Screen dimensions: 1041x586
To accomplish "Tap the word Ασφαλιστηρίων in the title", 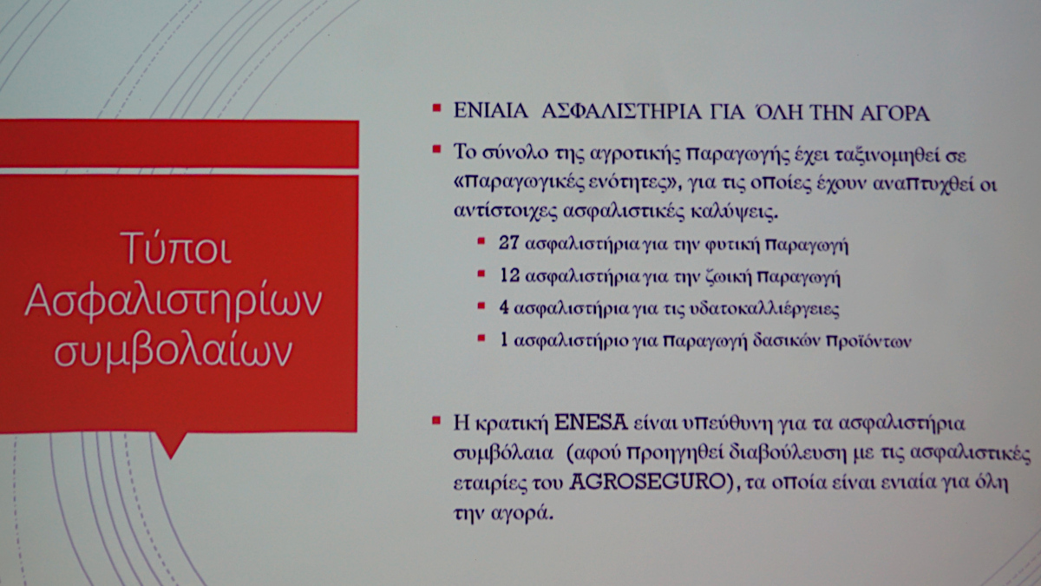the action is click(x=173, y=301).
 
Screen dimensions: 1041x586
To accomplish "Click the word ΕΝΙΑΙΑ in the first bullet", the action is click(x=491, y=112).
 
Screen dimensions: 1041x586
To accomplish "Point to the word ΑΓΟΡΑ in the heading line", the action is click(x=894, y=113).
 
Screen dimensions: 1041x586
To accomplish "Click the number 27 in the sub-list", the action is click(x=508, y=243).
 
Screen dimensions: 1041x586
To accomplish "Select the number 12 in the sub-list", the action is click(x=509, y=275).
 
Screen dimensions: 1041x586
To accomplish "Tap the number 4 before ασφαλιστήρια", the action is click(x=504, y=308).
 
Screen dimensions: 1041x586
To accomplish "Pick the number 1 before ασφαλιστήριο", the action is click(x=504, y=340).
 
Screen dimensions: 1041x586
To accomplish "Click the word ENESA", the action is click(x=592, y=424).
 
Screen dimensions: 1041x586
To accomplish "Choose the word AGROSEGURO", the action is click(x=648, y=483).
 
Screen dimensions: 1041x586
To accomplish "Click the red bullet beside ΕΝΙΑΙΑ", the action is click(x=436, y=109).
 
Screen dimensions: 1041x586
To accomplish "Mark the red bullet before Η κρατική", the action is click(x=436, y=420).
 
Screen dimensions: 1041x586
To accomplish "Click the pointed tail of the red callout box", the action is click(x=171, y=458).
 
